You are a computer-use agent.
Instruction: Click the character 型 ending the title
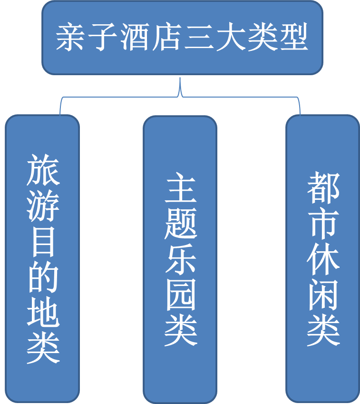pos(292,38)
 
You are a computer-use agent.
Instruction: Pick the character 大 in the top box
pos(229,38)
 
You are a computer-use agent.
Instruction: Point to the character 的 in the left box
pos(43,278)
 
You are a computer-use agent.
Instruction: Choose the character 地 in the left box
pos(43,314)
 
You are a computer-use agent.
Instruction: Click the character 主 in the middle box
pos(181,188)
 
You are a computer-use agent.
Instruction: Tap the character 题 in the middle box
pos(181,224)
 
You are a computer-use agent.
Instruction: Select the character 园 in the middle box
pos(181,296)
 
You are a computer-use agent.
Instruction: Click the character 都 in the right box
pos(323,188)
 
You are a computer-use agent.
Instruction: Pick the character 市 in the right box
pos(323,224)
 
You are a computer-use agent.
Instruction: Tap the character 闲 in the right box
pos(323,296)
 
